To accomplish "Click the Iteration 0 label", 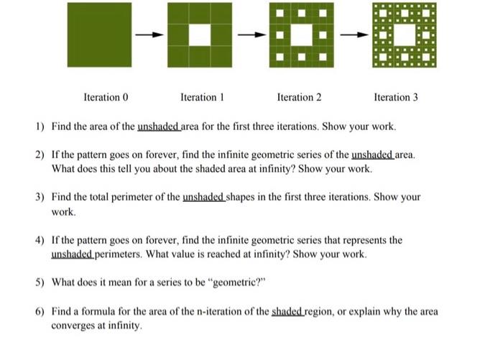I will (106, 97).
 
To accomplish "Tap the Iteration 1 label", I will (203, 97).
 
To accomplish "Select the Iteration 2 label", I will (299, 97).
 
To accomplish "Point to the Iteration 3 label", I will (396, 97).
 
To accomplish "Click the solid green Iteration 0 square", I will (100, 35).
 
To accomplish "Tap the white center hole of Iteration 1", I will (200, 35).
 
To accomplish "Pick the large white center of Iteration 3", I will (405, 35).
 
